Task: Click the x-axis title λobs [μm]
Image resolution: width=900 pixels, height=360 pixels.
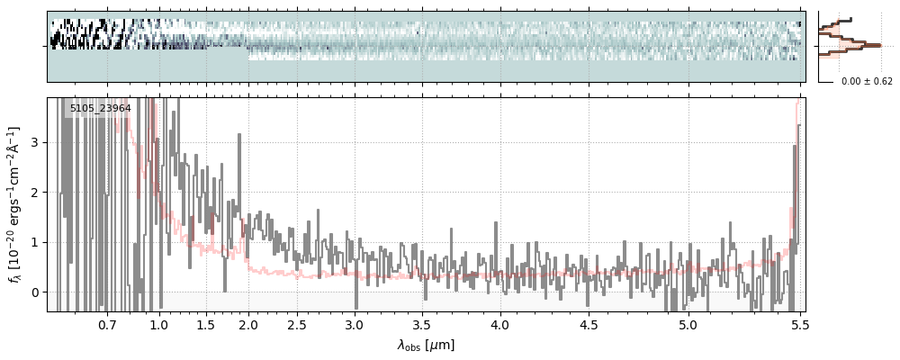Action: (426, 345)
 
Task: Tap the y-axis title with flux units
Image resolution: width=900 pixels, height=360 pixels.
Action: (14, 204)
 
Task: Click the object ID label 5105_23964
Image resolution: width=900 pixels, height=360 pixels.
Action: (101, 109)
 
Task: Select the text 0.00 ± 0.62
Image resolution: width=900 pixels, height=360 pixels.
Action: (867, 82)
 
